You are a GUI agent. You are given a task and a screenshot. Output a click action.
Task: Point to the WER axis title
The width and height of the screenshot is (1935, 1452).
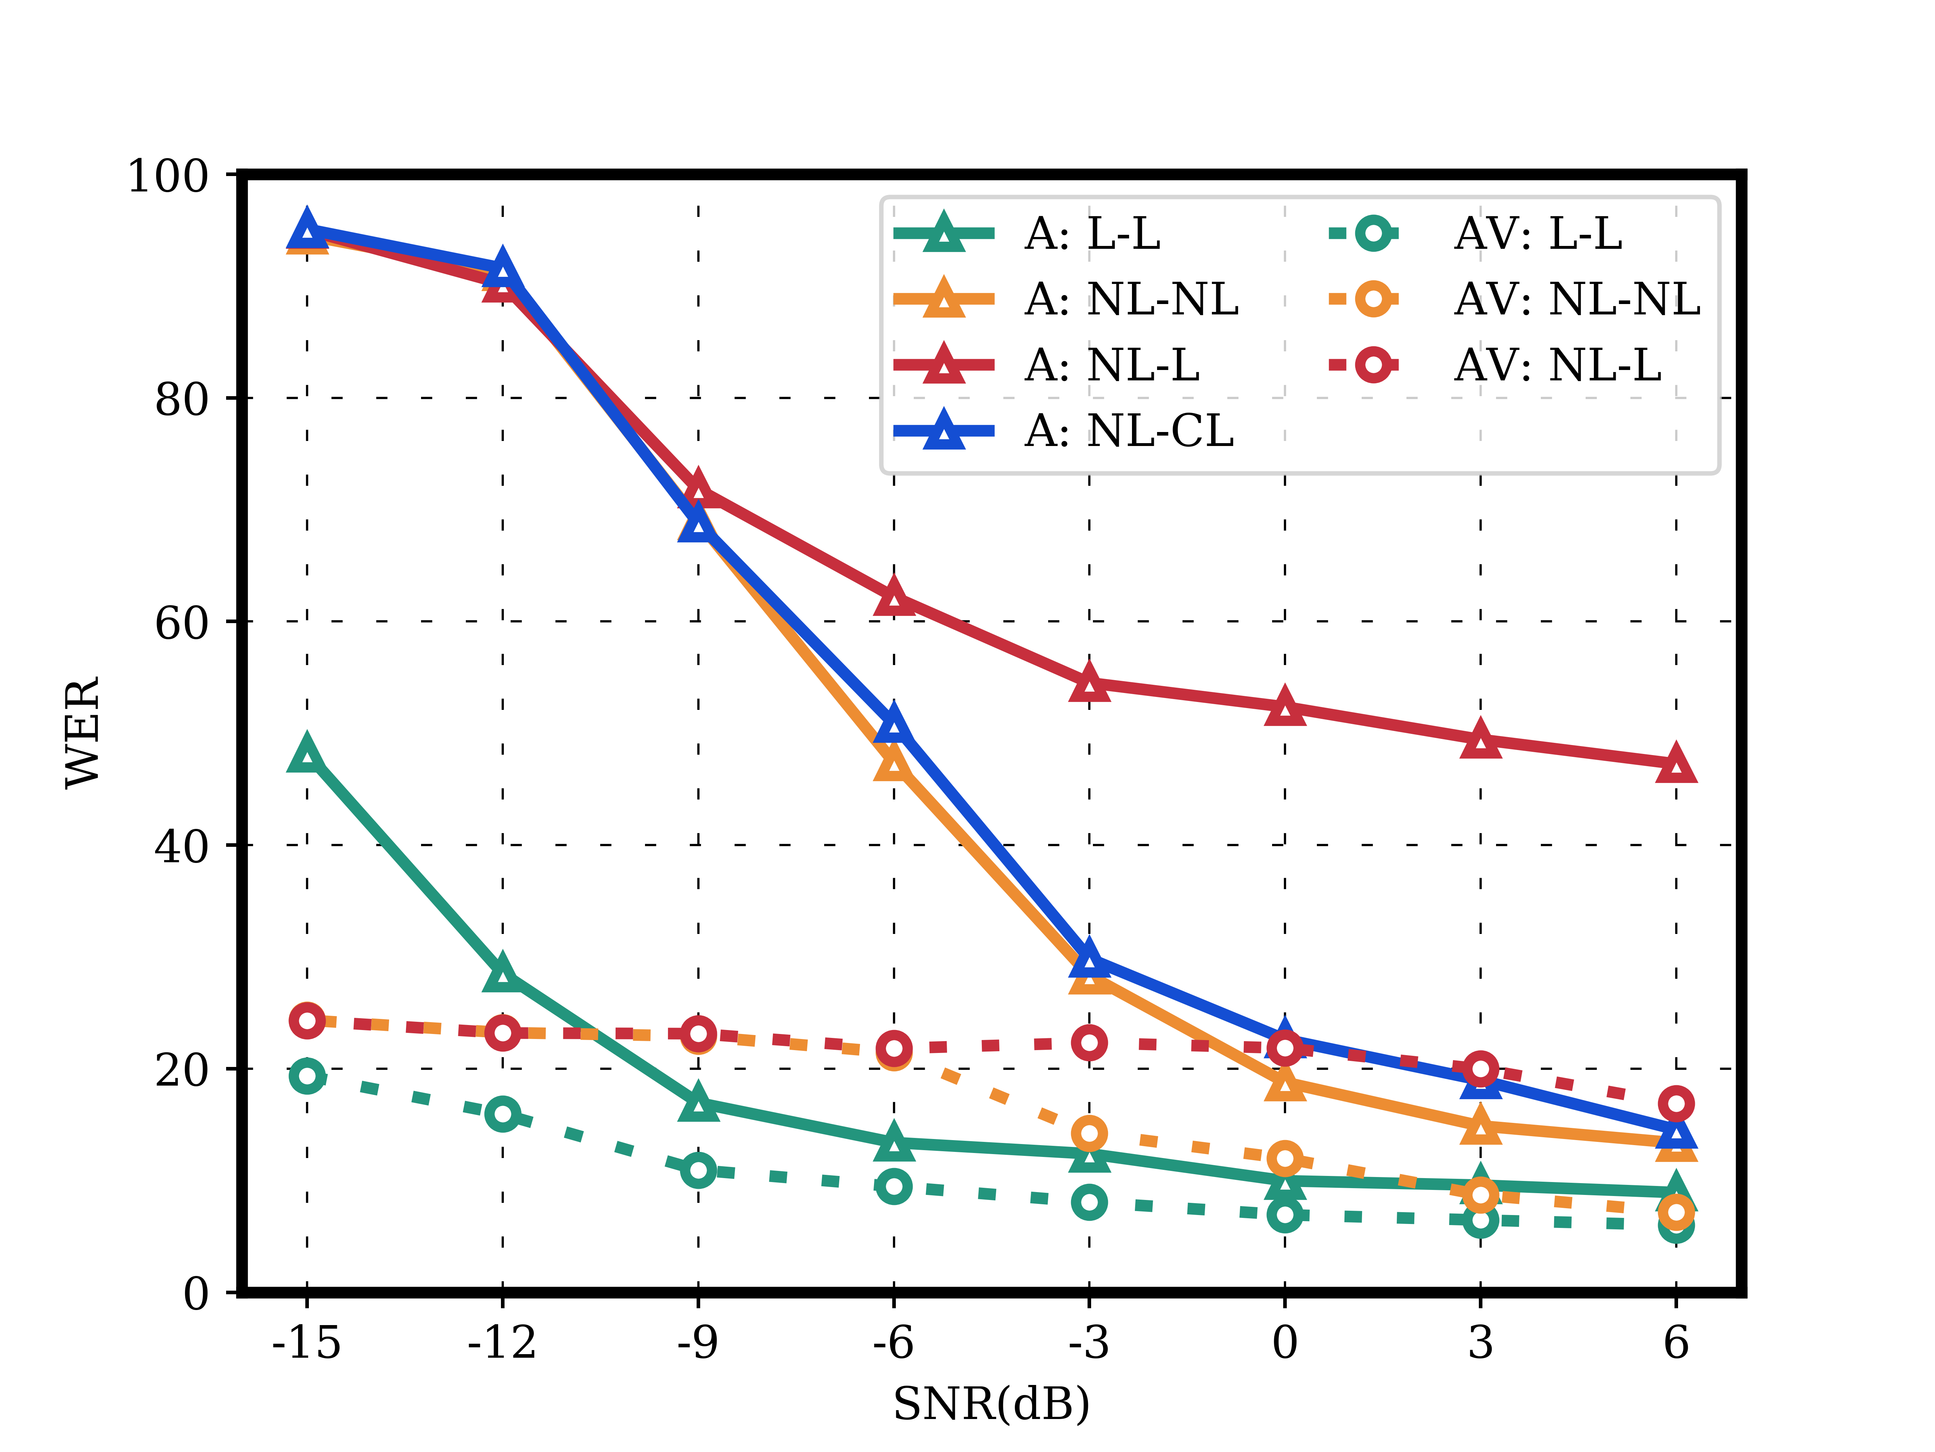(83, 732)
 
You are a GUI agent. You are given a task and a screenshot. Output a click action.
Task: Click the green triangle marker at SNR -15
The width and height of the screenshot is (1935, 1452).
(306, 754)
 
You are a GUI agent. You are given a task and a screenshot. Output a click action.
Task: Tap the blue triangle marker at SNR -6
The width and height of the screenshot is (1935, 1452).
(893, 723)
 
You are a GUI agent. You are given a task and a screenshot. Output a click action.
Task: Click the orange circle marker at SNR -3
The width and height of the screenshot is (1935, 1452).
(1089, 1133)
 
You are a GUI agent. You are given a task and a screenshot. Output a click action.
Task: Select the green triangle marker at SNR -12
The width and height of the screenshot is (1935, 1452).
(502, 973)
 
